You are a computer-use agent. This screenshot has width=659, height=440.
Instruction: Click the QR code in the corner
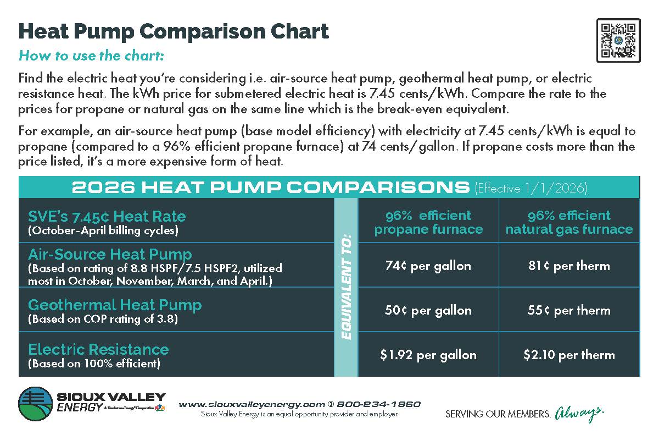pos(618,40)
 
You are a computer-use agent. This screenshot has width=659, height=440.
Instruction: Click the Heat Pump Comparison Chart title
pos(174,31)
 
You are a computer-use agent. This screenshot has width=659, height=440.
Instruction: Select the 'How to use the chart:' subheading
pos(91,56)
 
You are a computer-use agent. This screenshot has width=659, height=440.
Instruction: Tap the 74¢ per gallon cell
pos(428,266)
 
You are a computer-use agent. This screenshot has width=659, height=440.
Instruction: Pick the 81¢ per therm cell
pos(569,266)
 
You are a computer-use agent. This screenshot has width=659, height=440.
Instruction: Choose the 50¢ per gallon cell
pos(428,310)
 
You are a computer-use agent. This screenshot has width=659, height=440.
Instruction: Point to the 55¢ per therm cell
pos(569,310)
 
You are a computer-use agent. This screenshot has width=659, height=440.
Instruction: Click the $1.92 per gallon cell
pos(428,355)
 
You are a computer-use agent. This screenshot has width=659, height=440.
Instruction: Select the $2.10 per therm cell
pos(569,355)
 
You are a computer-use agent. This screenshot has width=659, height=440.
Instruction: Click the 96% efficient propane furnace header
pos(428,222)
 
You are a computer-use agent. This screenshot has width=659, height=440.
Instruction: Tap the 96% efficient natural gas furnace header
pos(569,222)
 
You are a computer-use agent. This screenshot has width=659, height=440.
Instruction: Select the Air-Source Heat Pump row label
pos(110,255)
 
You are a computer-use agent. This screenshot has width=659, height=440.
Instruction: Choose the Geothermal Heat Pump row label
pos(115,305)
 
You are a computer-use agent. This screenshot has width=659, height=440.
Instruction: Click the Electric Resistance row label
pos(98,349)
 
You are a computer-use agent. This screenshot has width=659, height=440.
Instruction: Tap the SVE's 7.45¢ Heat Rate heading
pos(107,216)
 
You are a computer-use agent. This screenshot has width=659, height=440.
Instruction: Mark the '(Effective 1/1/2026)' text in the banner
pos(530,189)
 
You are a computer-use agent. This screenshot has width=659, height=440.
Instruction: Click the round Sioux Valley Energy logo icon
pos(36,404)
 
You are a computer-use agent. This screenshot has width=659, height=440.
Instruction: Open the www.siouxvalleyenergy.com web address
pos(252,404)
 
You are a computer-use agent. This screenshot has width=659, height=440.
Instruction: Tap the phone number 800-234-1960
pos(378,404)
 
